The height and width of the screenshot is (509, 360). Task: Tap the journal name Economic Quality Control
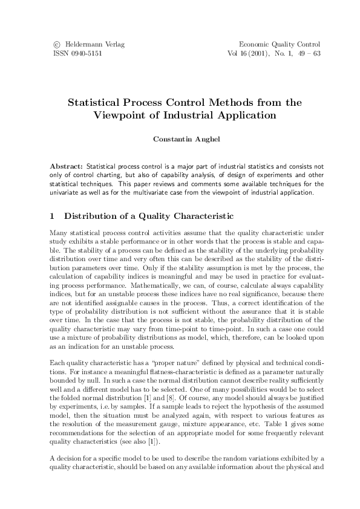pos(280,45)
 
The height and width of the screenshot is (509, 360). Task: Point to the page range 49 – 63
pos(308,53)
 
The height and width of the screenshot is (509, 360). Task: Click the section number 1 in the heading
pos(53,216)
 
